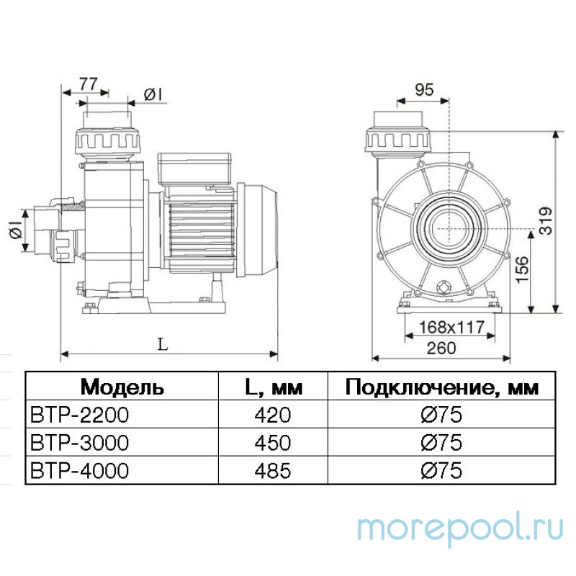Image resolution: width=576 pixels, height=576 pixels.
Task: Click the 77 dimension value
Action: click(87, 83)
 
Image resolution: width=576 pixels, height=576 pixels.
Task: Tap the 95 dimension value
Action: click(425, 89)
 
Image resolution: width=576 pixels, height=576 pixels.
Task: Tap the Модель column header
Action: click(122, 387)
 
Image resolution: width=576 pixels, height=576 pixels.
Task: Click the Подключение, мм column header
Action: click(441, 387)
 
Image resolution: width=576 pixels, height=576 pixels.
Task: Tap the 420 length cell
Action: click(272, 415)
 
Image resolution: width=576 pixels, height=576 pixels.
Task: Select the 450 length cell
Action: click(272, 443)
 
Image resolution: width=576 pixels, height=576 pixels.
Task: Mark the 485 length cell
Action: click(272, 471)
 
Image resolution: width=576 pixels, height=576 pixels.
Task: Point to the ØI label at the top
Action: click(153, 94)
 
